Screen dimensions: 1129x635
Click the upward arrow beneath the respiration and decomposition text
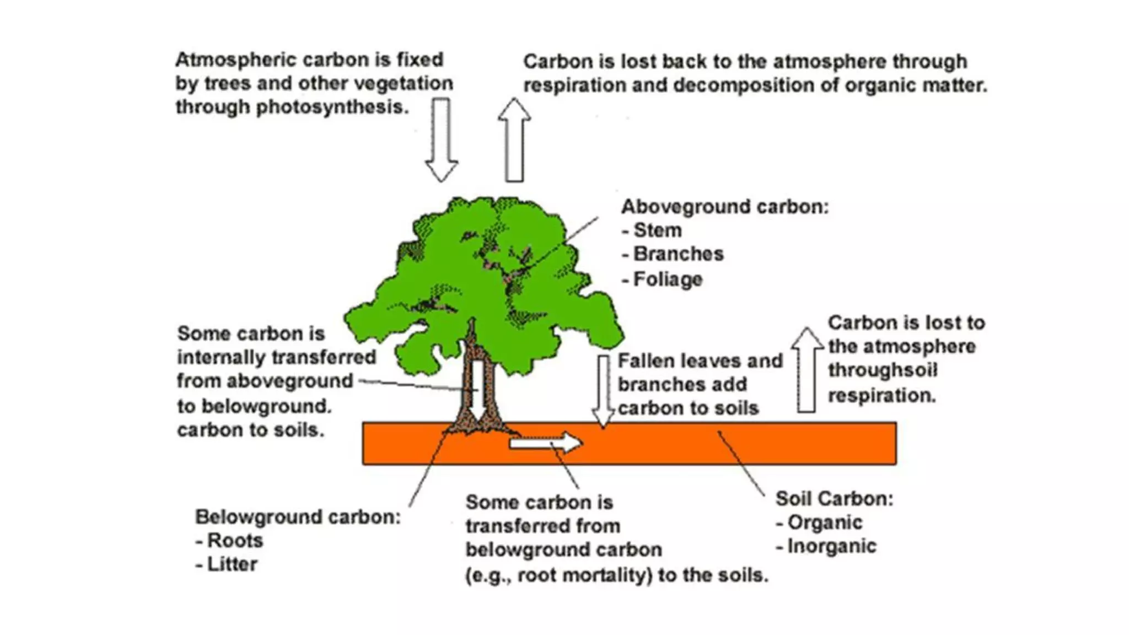click(x=514, y=140)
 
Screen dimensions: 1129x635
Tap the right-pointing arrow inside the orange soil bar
click(x=545, y=443)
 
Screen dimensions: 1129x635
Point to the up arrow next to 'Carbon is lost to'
click(x=807, y=370)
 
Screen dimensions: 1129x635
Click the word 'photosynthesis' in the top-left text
click(x=332, y=107)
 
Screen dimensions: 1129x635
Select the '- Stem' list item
click(x=652, y=230)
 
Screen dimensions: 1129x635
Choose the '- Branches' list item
click(x=673, y=254)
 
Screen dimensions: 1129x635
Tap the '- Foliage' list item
click(x=662, y=279)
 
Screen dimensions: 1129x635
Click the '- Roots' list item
click(x=229, y=541)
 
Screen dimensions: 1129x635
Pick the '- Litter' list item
click(x=227, y=564)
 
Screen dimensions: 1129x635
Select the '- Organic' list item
click(x=819, y=523)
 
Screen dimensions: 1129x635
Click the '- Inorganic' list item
click(x=826, y=546)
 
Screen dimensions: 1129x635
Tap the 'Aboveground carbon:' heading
click(x=725, y=207)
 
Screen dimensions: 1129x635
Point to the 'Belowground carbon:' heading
click(x=298, y=517)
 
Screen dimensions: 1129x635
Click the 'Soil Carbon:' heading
click(x=834, y=499)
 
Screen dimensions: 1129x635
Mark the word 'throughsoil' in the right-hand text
click(x=883, y=370)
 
